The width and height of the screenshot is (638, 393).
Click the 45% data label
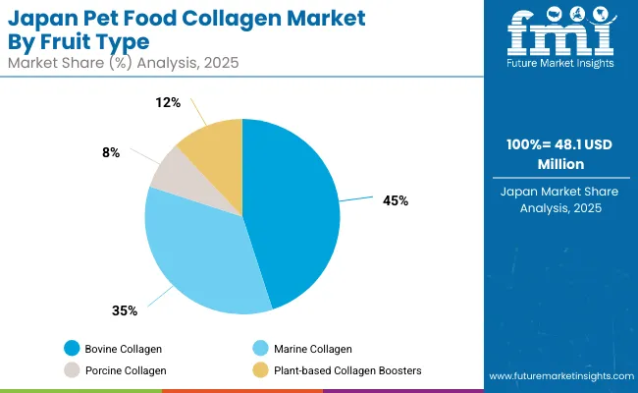tap(396, 200)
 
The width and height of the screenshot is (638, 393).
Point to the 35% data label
tap(125, 310)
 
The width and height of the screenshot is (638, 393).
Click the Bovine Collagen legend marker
tap(71, 348)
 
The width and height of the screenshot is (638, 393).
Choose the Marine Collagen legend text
tap(311, 348)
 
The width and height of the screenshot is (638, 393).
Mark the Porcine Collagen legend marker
tap(71, 370)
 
